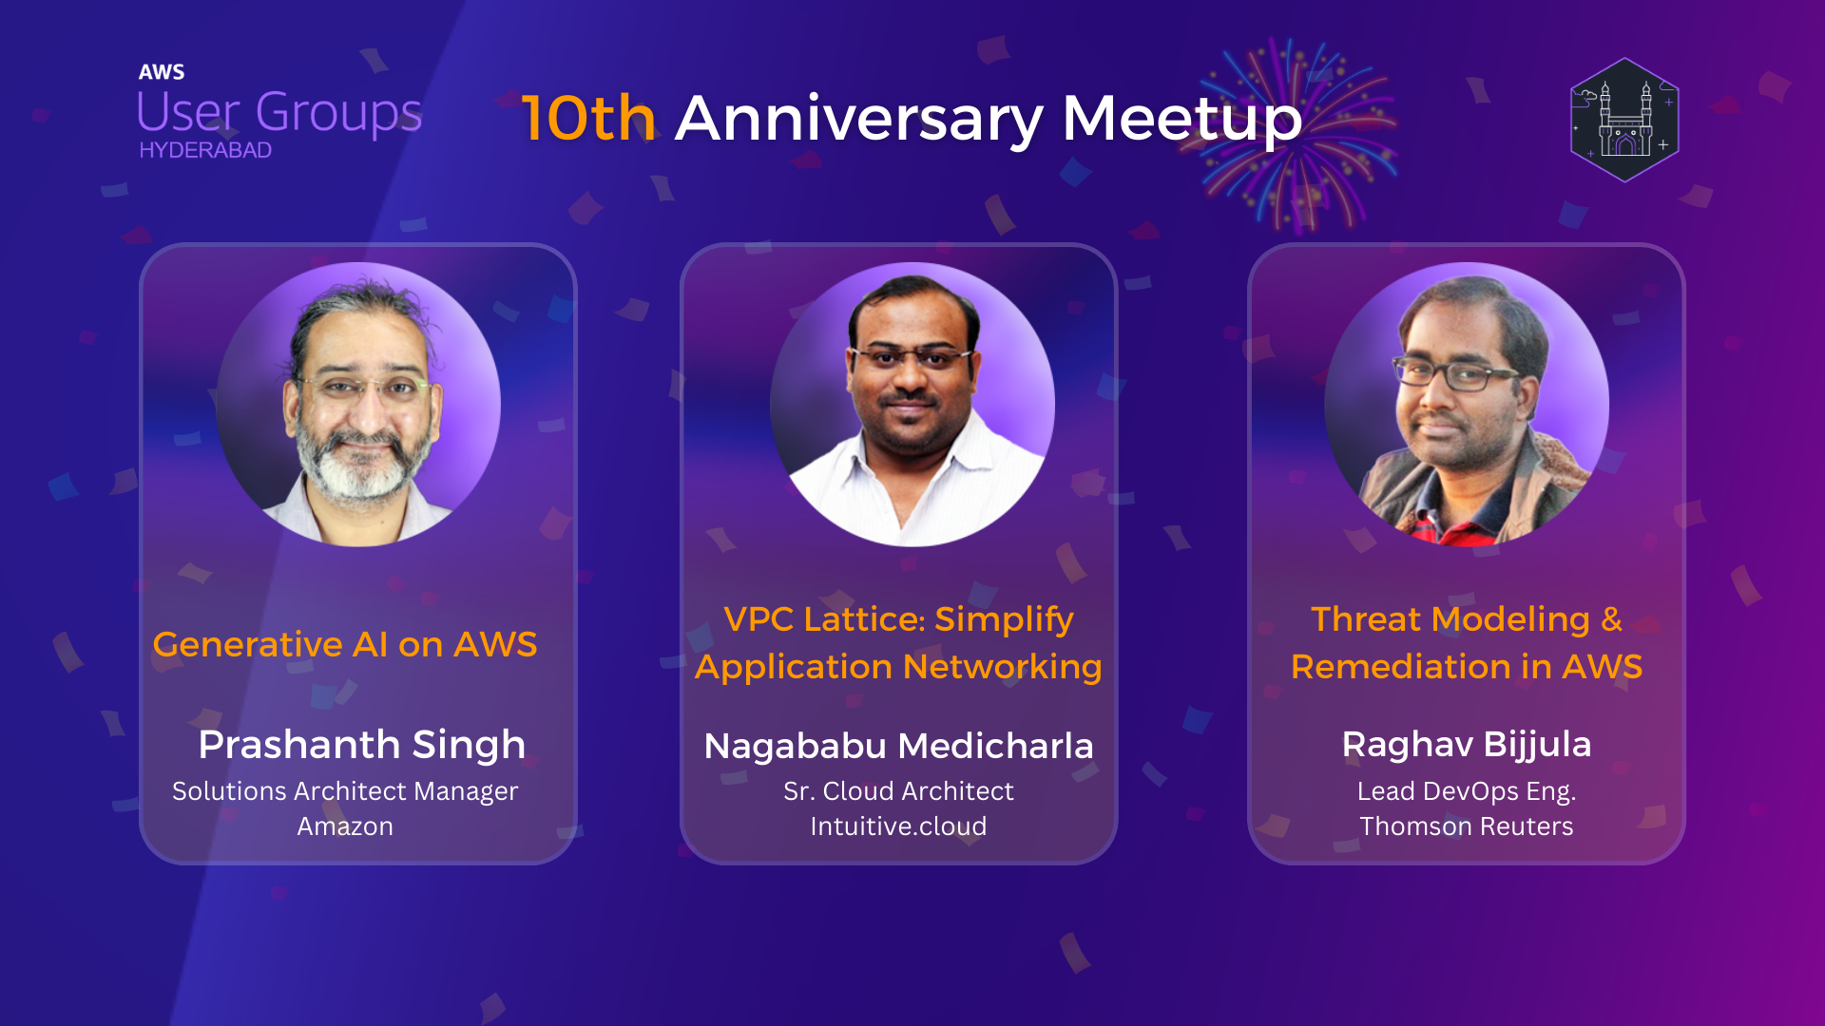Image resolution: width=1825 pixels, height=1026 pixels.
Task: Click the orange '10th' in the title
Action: [x=588, y=119]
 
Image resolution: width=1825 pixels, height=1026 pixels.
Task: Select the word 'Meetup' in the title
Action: [x=1181, y=119]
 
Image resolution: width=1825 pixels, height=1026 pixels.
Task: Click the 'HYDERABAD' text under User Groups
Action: [x=205, y=150]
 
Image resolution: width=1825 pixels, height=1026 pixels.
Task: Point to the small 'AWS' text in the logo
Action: [x=162, y=72]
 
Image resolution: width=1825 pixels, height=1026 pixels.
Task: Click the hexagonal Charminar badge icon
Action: [x=1624, y=120]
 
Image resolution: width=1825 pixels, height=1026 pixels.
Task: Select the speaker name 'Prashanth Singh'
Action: [x=361, y=745]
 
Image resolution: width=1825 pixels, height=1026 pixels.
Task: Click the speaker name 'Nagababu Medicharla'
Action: [x=898, y=746]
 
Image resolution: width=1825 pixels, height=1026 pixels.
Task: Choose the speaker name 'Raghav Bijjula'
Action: [x=1466, y=745]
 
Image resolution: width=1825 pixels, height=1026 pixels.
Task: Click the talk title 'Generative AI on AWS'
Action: [x=345, y=645]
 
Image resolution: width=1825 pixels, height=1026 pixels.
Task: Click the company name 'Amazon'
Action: [x=345, y=826]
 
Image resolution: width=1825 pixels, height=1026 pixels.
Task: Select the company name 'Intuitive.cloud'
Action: [x=898, y=826]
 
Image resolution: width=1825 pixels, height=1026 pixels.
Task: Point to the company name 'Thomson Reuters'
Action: [x=1466, y=826]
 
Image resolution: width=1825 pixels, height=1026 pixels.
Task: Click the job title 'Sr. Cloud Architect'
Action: [x=898, y=791]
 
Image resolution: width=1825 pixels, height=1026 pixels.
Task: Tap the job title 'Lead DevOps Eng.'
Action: [x=1466, y=791]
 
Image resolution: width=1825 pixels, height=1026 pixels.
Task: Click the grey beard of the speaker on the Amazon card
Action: [x=359, y=470]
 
